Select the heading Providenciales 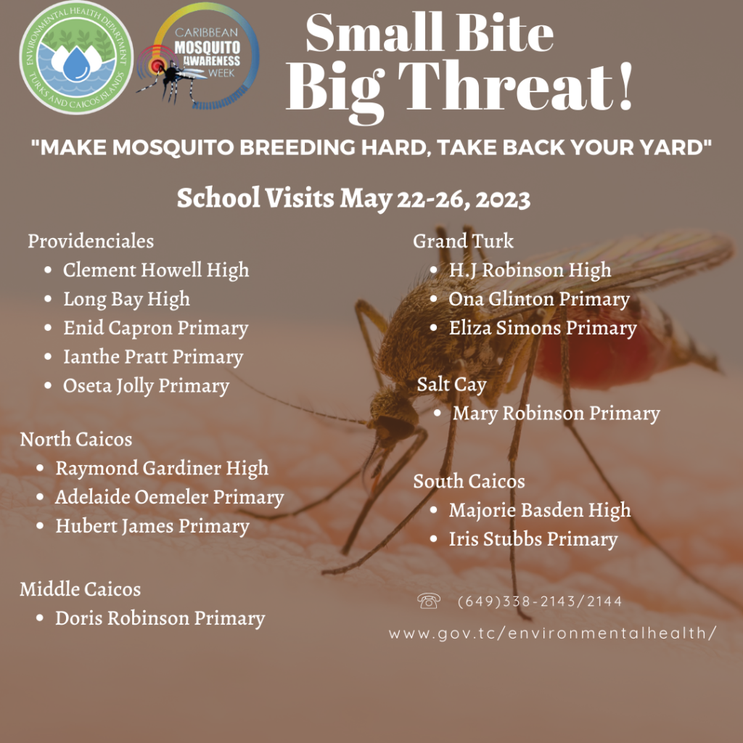click(x=91, y=240)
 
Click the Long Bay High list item click(x=126, y=299)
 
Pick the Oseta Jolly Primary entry click(x=146, y=386)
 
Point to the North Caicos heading click(x=76, y=439)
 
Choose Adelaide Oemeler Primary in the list click(x=169, y=497)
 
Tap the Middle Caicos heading click(x=81, y=588)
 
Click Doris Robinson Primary click(x=160, y=618)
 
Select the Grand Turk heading click(x=463, y=240)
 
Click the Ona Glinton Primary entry click(x=539, y=299)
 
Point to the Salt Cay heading click(x=451, y=384)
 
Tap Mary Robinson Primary click(x=557, y=414)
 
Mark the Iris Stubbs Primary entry click(x=533, y=539)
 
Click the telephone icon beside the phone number click(x=429, y=601)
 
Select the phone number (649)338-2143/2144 click(x=540, y=602)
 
